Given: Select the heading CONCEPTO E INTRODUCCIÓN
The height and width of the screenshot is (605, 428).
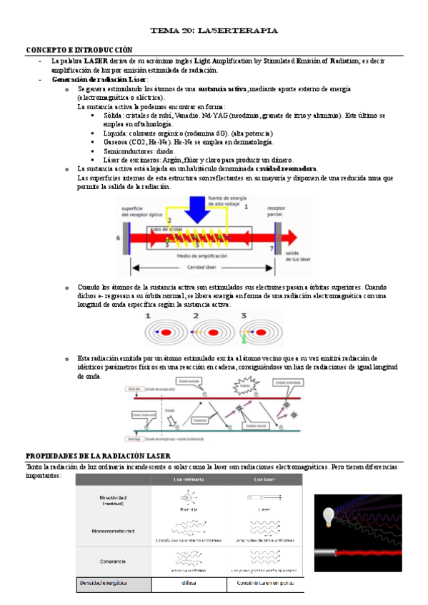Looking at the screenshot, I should point(79,50).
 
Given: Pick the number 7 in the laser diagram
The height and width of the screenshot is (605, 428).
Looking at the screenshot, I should point(272,248).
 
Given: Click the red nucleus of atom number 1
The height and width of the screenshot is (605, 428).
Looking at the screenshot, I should point(165,332).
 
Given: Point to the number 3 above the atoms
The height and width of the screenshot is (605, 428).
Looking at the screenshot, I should point(243,315).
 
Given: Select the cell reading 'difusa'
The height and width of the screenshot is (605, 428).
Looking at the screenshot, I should point(189,584).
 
